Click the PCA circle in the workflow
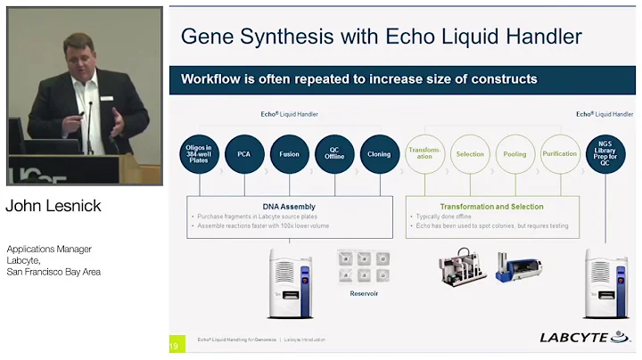point(243,154)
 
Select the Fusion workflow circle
point(289,154)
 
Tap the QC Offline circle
point(334,154)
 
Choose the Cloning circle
point(379,154)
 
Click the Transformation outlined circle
point(424,154)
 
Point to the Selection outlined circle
point(470,154)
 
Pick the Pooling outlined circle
point(515,154)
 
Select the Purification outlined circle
point(560,154)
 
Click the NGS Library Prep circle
point(605,154)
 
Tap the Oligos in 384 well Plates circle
point(198,154)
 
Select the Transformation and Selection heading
point(491,207)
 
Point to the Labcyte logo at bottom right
point(585,337)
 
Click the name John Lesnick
point(53,207)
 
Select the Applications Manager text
point(49,249)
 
